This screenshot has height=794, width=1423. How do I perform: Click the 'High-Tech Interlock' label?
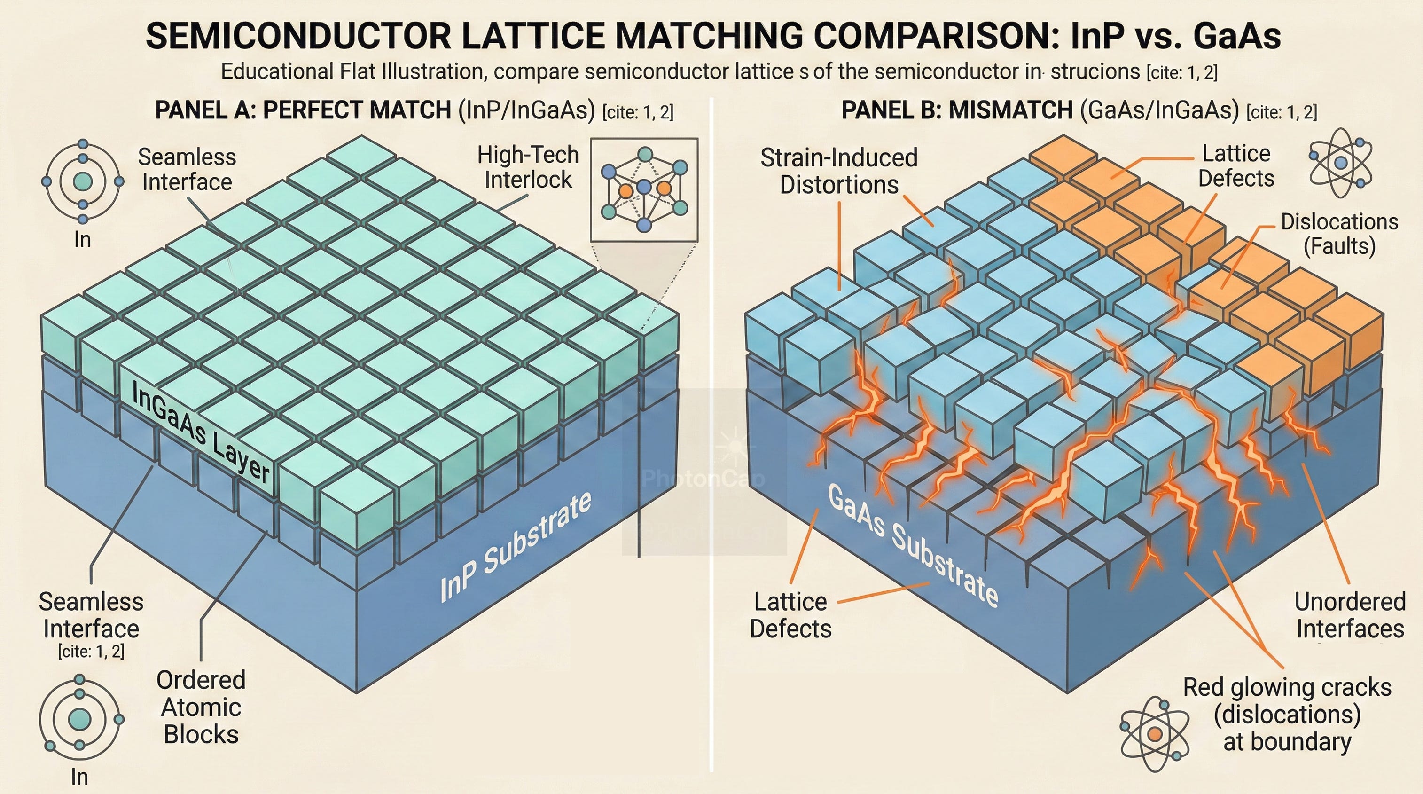click(528, 167)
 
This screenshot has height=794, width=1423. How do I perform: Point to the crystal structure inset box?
click(644, 189)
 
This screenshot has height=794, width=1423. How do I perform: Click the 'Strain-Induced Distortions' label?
click(838, 171)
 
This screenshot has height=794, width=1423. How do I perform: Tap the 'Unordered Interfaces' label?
click(1350, 615)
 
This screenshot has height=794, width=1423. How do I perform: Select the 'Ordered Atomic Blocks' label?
click(201, 707)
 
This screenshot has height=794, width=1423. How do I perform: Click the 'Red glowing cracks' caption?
click(1287, 715)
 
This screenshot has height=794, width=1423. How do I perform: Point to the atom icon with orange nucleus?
click(1154, 734)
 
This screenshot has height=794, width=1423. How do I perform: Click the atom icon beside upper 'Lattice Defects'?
click(1341, 163)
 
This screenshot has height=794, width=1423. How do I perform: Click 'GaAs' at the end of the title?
click(1237, 37)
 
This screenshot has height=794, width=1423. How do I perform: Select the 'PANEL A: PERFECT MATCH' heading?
click(303, 110)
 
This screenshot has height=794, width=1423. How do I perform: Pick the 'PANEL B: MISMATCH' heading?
click(957, 110)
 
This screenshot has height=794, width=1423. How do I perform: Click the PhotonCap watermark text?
click(704, 478)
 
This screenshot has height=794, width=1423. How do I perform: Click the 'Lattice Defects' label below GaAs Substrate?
click(790, 615)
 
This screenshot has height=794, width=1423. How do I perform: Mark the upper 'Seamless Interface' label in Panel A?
click(187, 169)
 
